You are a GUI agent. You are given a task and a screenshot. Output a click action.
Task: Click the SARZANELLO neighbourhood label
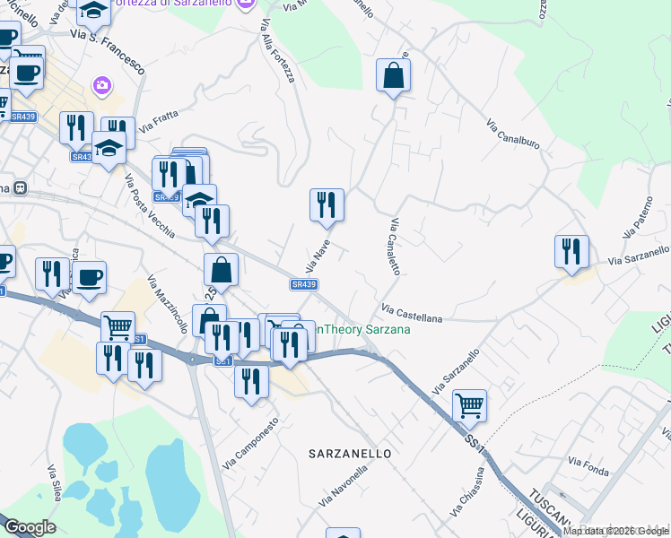350,454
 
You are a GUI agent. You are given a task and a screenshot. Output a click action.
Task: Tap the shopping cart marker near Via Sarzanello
470,405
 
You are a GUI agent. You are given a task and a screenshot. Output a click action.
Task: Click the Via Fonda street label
588,466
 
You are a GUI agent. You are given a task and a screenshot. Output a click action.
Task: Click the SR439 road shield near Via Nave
303,284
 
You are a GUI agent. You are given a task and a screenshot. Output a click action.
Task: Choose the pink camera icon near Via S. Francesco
101,86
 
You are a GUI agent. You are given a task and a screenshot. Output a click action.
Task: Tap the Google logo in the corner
30,527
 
